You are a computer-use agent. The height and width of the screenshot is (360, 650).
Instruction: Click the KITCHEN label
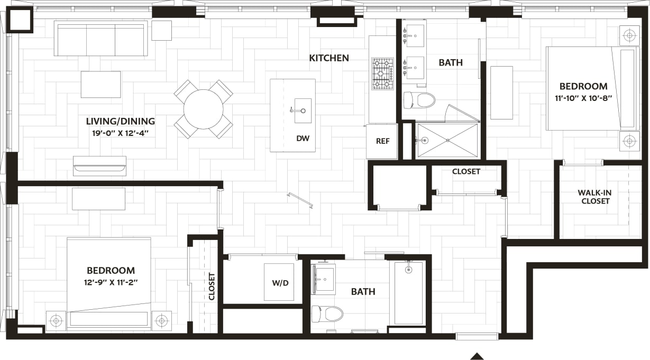click(329, 58)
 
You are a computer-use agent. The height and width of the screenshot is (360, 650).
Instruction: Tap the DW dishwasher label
click(303, 139)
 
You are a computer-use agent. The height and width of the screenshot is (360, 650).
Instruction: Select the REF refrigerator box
click(382, 141)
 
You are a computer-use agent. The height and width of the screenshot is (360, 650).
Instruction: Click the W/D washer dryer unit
click(279, 282)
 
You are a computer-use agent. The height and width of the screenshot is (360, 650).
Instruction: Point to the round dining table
click(203, 109)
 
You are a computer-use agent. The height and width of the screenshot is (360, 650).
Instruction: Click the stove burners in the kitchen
click(383, 73)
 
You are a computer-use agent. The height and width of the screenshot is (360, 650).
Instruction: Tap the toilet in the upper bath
click(419, 100)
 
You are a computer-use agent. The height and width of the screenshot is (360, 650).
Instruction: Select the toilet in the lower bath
click(327, 313)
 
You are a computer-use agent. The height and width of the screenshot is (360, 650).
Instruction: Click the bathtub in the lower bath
click(408, 293)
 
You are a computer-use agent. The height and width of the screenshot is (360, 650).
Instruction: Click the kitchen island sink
click(303, 110)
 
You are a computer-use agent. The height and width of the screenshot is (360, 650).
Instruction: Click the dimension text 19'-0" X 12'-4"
click(121, 133)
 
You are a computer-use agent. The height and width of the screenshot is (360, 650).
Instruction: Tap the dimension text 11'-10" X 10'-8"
click(583, 98)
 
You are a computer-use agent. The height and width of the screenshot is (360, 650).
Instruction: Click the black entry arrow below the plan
click(477, 356)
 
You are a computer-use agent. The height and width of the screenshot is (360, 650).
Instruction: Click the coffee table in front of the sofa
click(100, 85)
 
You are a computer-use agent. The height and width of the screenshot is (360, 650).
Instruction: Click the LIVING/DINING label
click(121, 122)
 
